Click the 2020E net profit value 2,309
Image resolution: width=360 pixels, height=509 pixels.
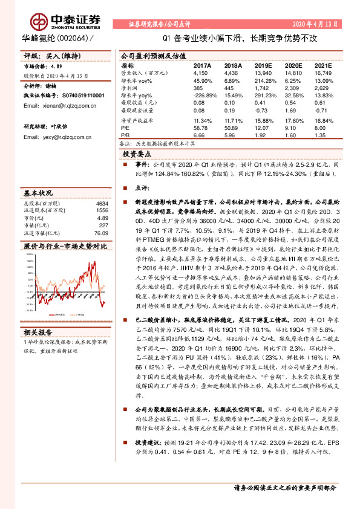(292, 88)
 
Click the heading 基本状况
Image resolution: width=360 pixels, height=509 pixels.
(38, 193)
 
